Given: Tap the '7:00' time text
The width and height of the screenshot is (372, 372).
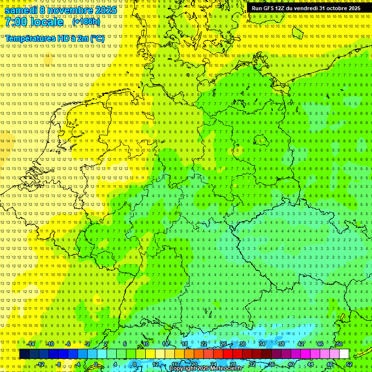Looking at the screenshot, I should pos(16,22).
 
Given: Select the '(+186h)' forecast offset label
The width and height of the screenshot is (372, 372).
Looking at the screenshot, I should pos(86,22).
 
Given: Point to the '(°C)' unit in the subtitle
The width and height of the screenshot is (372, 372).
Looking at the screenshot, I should pos(97,38).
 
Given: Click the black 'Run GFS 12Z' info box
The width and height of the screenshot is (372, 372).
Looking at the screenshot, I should pos(306,8).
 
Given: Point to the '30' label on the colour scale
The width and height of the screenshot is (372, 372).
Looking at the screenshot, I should pos(242,344).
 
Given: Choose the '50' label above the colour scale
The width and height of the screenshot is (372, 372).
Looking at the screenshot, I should pos(339,344).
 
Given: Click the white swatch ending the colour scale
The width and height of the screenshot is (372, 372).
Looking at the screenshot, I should pos(344,354).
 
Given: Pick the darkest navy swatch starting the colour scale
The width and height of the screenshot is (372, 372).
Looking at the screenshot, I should pos(24,354).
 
